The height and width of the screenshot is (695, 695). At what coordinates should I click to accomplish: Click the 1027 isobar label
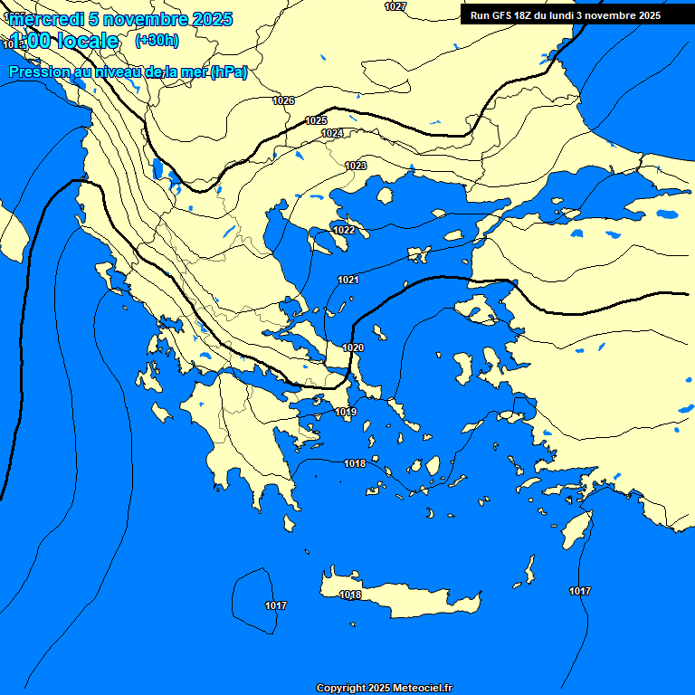coord(395,6)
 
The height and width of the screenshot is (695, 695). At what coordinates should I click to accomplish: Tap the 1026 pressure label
coord(283,100)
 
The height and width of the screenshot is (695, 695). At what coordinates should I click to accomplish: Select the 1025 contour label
coord(316,120)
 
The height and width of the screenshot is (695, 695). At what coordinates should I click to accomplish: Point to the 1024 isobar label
coord(332,133)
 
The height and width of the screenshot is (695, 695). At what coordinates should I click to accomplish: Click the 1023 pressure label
coord(356,166)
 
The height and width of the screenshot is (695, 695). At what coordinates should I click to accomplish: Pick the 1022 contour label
coord(344,231)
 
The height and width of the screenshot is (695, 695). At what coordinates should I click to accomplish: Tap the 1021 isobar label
coord(348,281)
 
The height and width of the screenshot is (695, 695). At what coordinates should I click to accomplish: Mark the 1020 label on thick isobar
coord(353,348)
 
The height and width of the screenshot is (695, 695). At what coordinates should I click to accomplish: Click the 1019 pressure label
coord(346,413)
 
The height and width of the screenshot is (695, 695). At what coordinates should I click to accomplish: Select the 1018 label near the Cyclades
coord(355,464)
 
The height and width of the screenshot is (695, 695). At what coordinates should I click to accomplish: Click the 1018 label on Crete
coord(350,595)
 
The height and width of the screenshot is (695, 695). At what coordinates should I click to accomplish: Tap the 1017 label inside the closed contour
coord(276,605)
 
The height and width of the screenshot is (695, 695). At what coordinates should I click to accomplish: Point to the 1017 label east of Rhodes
coord(580,591)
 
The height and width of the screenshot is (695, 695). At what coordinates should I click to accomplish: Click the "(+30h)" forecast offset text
coord(157,41)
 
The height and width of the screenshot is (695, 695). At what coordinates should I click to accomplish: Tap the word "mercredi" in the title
coord(46,19)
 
